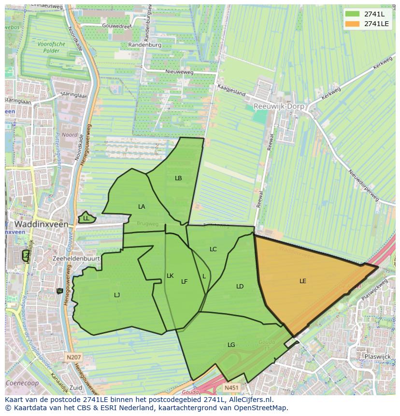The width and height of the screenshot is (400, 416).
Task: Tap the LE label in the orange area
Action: pos(303,281)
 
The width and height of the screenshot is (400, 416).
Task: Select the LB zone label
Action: pos(178,178)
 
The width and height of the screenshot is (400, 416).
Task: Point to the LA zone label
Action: pos(142,206)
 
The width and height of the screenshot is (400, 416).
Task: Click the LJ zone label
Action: pos(117,295)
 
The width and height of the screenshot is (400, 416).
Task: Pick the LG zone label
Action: pos(231,344)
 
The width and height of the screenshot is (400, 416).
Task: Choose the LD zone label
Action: pos(240,286)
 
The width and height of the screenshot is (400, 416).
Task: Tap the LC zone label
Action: pos(213,249)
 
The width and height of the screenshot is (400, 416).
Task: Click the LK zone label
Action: pos(170,276)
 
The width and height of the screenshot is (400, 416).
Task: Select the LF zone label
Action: pos(184,281)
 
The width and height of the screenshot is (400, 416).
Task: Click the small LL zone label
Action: pos(86,218)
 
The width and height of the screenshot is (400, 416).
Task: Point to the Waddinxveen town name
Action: pos(40,224)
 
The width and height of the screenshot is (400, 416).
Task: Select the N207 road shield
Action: pos(74,358)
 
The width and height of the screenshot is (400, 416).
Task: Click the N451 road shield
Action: pos(231,387)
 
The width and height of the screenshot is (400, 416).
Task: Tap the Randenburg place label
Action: pos(144,44)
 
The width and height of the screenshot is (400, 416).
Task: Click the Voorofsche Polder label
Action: pos(51,47)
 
